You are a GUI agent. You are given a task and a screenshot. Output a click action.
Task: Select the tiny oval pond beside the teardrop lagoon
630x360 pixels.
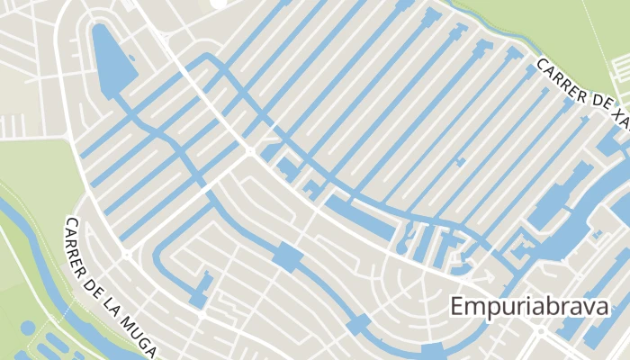[x=132, y=61]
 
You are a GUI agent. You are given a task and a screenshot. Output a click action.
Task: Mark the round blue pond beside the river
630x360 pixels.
[x=28, y=328]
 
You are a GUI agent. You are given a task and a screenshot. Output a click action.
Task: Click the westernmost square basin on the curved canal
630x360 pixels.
[x=287, y=256]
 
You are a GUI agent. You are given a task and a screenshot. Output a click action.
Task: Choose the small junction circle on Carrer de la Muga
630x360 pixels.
[x=127, y=255]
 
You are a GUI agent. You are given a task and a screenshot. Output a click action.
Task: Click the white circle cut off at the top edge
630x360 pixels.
[x=219, y=3]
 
